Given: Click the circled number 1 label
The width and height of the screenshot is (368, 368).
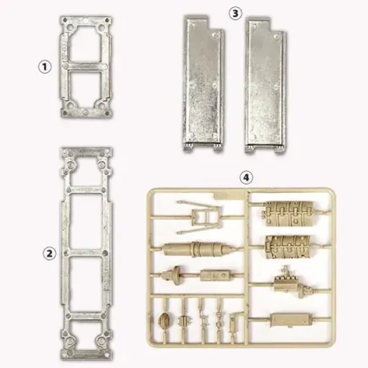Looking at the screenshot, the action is click(44, 67).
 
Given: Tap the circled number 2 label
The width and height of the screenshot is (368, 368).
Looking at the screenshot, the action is click(49, 253).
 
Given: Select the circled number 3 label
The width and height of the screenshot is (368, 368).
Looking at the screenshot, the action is click(235, 14).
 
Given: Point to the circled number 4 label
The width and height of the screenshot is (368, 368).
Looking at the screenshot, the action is click(246, 178).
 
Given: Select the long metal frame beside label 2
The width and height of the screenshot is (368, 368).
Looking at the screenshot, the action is click(65, 253).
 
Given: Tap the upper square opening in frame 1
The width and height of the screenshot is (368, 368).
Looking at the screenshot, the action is click(86, 44).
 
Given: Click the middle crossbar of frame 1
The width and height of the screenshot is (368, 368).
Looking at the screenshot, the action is click(86, 67).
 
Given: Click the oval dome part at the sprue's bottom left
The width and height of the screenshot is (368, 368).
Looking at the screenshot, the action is click(164, 320).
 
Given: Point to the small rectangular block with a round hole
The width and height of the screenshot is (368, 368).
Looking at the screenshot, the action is click(215, 275).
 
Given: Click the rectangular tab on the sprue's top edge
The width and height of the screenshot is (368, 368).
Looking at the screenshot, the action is click(229, 195).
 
